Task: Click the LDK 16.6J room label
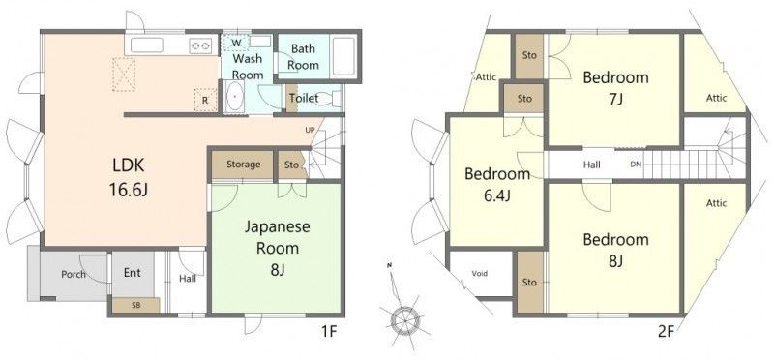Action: pos(128,176)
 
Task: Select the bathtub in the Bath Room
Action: pos(344,56)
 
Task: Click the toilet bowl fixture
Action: pos(337,99)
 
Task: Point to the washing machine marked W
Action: pos(236,44)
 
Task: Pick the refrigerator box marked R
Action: pos(205,100)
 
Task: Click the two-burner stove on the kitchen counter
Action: pos(200,45)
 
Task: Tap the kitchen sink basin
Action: pos(147,45)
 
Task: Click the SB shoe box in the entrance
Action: pos(135,305)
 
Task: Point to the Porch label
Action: pos(74,274)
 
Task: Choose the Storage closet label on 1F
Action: pos(244,165)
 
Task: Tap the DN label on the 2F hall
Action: pos(636,165)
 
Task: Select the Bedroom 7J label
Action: pos(615,88)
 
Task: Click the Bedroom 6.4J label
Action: pos(497,185)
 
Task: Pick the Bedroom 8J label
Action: pos(615,250)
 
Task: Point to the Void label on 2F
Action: pos(480,273)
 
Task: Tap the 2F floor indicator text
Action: pos(666,331)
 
